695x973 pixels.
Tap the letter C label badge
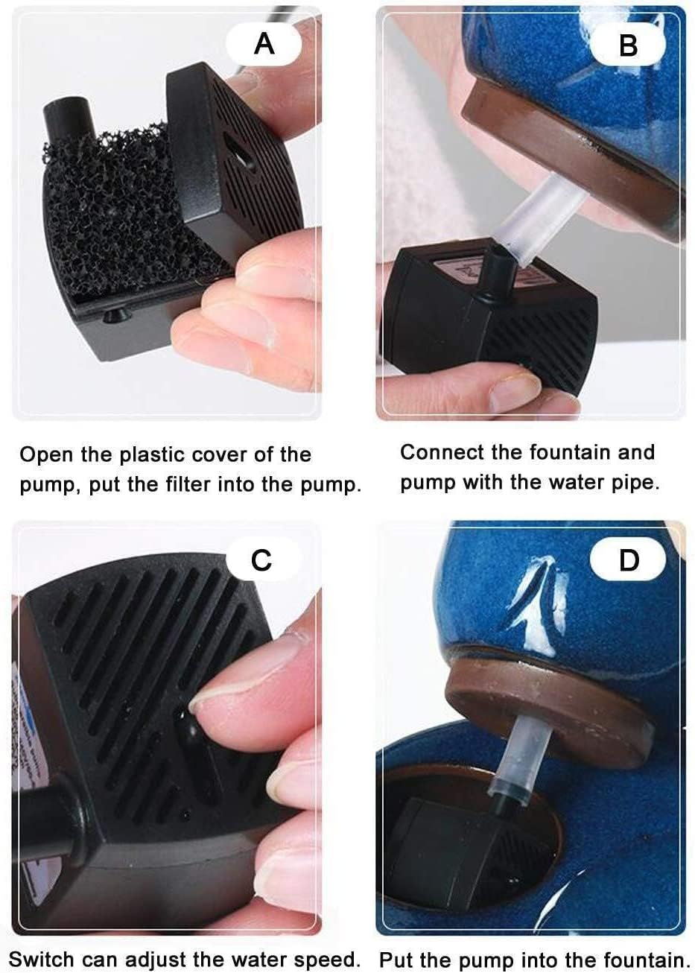(x=262, y=560)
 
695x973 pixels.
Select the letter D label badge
(x=629, y=560)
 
